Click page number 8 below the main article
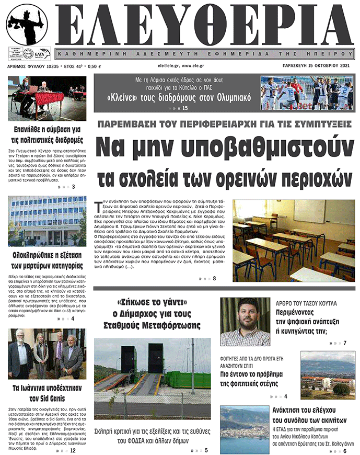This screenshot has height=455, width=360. [214, 278]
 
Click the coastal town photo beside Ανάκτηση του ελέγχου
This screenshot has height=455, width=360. [244, 430]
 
